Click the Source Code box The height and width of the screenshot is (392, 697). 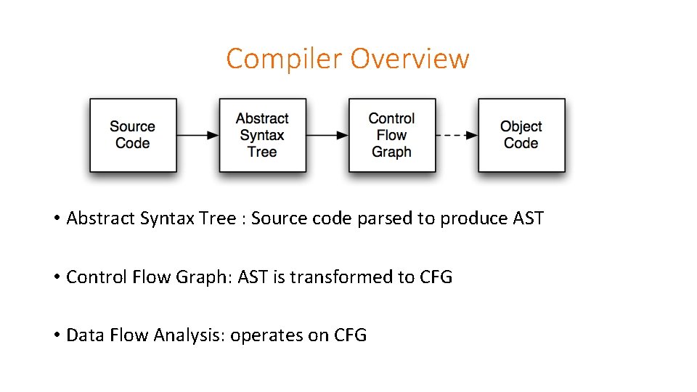(133, 135)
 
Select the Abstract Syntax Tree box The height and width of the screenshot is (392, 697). (262, 135)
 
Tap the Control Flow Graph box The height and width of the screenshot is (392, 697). (391, 135)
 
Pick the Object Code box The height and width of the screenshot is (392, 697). (521, 135)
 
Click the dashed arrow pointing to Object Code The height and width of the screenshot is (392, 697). (456, 135)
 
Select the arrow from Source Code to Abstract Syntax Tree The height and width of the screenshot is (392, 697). (197, 135)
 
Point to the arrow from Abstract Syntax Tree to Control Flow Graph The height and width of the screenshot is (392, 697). (327, 135)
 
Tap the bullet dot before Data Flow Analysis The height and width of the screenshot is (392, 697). (56, 335)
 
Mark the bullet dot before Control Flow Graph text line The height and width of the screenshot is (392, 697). (56, 277)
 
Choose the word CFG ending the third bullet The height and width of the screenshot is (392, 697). (351, 335)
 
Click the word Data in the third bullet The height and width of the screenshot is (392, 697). (83, 335)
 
